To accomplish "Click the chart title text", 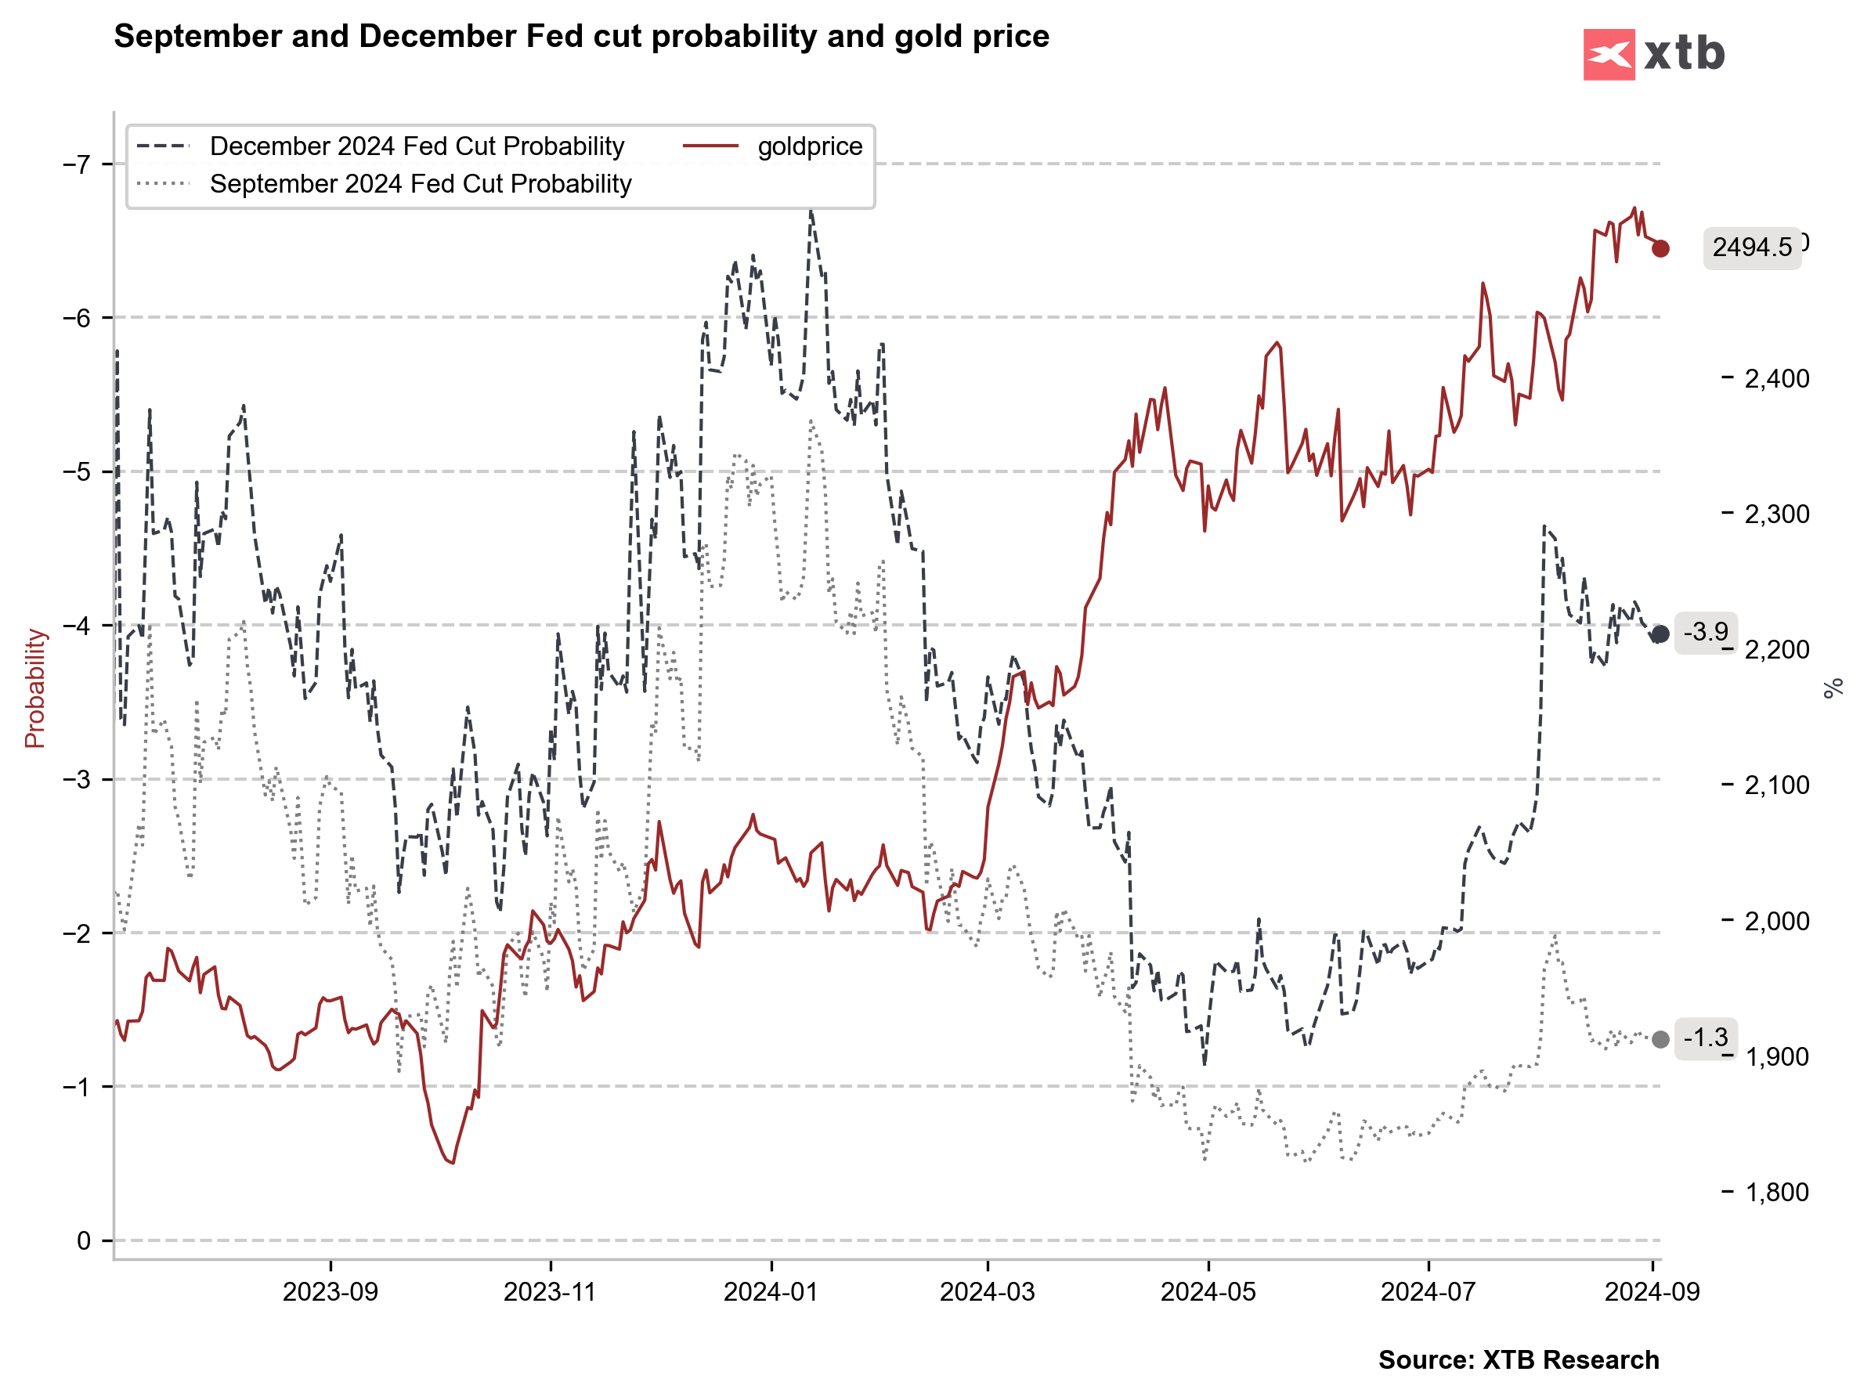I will tap(581, 36).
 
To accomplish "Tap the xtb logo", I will tap(1652, 54).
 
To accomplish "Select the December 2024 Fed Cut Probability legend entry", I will tap(416, 146).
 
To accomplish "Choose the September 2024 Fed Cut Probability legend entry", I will tap(421, 184).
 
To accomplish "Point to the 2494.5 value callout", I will tap(1751, 247).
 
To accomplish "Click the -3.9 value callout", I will tap(1705, 633).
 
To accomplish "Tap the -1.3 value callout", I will tap(1705, 1038).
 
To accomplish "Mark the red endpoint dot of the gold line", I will tap(1660, 248).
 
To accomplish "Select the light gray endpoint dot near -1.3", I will tap(1660, 1039).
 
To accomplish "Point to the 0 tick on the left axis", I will tap(84, 1240).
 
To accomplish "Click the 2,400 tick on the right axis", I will tap(1776, 378).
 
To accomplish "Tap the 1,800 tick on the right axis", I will tap(1776, 1193).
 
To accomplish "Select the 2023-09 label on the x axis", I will tap(330, 1292).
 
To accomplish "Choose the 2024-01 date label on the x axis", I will tap(771, 1292).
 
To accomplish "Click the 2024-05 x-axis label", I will tap(1208, 1292).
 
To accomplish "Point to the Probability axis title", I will tap(34, 688).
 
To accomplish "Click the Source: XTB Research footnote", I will tap(1519, 1359).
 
